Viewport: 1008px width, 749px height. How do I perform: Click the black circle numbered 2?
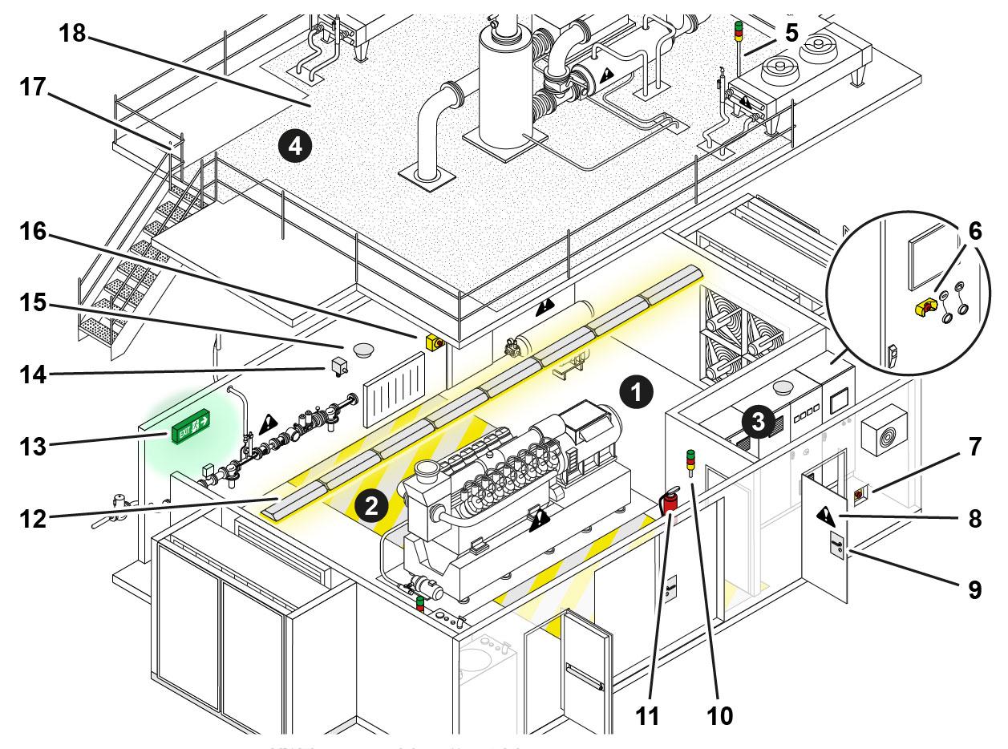pyautogui.click(x=370, y=505)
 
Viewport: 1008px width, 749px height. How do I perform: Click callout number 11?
pyautogui.click(x=649, y=715)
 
